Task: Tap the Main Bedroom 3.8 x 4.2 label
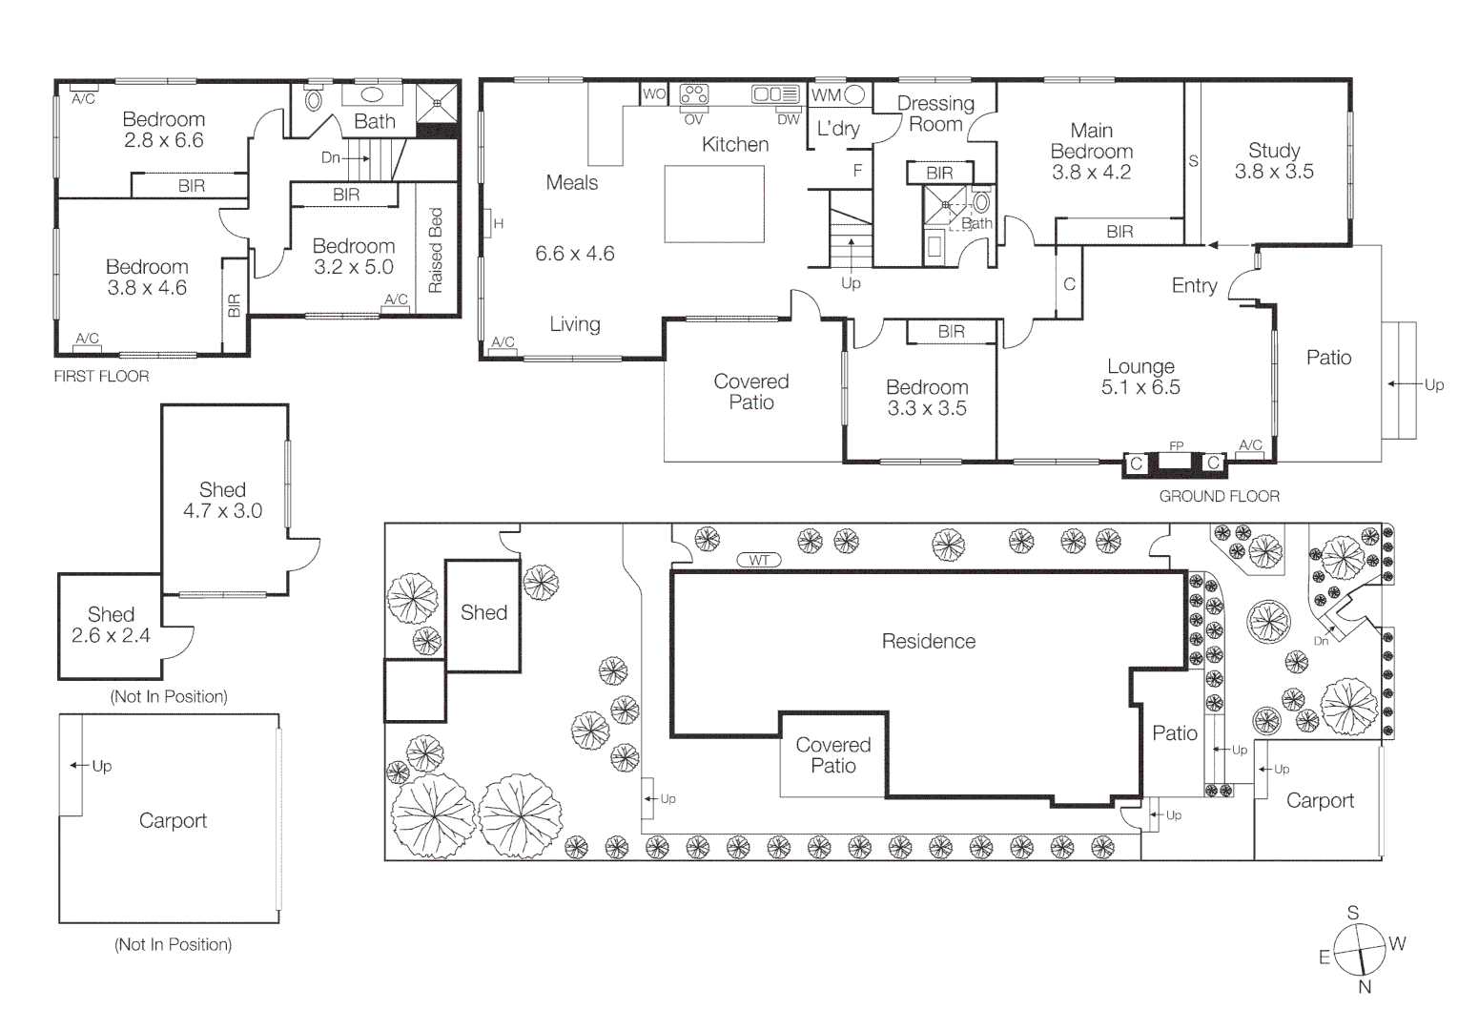[x=1091, y=152]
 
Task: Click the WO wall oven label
[x=653, y=93]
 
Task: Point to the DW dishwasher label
[x=788, y=119]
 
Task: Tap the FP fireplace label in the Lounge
[x=1176, y=445]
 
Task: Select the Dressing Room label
[x=935, y=113]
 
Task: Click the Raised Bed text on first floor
[x=436, y=250]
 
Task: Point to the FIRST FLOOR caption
[x=101, y=377]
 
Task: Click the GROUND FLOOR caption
[x=1219, y=496]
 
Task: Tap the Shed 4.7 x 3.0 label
[x=222, y=501]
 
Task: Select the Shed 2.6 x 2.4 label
[x=111, y=625]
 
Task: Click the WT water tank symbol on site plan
[x=759, y=560]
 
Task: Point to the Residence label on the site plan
[x=928, y=641]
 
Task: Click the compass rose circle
[x=1358, y=949]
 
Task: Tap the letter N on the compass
[x=1365, y=987]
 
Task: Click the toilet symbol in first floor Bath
[x=313, y=99]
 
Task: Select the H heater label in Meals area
[x=498, y=224]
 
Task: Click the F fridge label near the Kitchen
[x=857, y=171]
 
